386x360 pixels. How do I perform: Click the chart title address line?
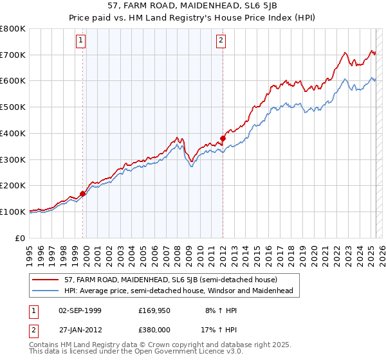193,7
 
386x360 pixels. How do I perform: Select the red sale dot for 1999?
83,193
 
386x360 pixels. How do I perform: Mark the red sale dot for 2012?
223,138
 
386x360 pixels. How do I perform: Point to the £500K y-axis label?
13,107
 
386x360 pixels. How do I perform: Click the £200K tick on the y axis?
13,186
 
